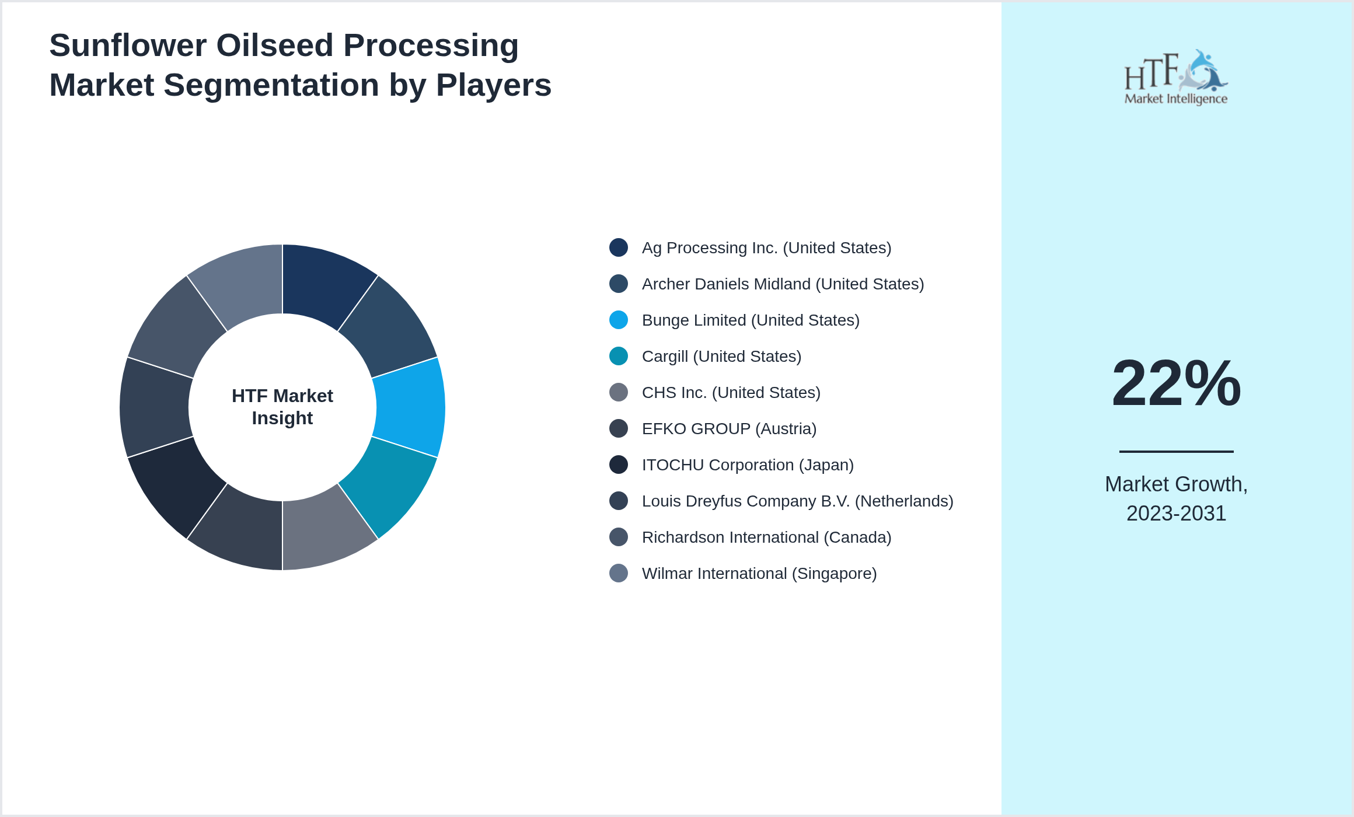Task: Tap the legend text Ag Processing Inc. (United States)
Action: pos(766,248)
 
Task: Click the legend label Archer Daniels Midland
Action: pos(783,284)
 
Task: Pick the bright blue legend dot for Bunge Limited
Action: pos(619,320)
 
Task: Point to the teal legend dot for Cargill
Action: pos(619,356)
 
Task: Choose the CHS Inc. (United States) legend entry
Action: pos(731,393)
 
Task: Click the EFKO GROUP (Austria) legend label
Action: pos(729,429)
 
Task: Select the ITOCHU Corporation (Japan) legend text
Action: pos(748,465)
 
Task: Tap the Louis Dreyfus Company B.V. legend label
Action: pos(797,501)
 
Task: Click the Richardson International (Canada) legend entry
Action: pos(766,537)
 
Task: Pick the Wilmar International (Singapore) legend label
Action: pos(759,574)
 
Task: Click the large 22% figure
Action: pos(1176,384)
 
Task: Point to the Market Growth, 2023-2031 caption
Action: pos(1176,498)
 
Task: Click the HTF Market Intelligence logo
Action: pos(1175,78)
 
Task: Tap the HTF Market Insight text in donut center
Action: pos(282,407)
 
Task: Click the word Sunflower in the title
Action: pos(128,46)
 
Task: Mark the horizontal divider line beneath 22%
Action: pos(1176,451)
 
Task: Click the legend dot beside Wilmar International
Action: pos(619,573)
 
